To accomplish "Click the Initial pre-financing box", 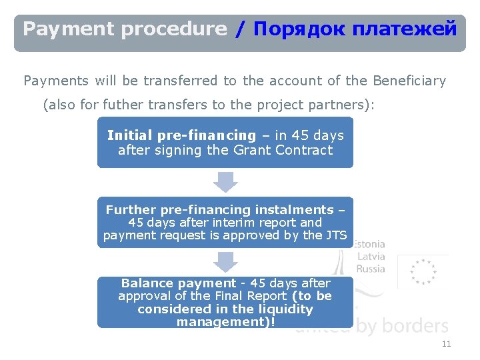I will pos(225,143).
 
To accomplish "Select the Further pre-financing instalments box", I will pos(225,222).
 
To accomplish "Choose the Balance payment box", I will pos(225,302).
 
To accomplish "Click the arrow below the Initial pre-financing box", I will pos(225,181).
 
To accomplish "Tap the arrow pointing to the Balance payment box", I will pos(225,261).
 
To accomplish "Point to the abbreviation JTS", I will pos(336,235).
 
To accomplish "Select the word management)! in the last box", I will pos(225,322).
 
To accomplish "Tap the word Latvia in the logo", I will pos(371,257).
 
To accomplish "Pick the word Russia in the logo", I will pos(371,269).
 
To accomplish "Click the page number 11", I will pos(446,344).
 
